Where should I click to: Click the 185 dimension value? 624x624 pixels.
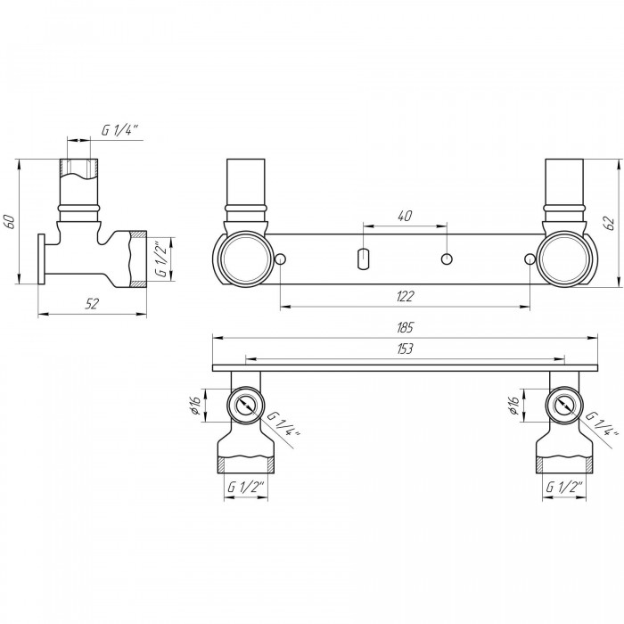coord(405,327)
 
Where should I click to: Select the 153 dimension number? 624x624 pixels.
coord(405,349)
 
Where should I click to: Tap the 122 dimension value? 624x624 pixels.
coord(405,297)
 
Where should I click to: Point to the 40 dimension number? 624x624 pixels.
coord(405,216)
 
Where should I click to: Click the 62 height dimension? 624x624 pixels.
coord(609,223)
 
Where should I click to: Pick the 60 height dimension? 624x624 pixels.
coord(9,222)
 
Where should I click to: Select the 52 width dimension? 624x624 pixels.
coord(92,304)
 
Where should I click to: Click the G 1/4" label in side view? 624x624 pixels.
coord(119,130)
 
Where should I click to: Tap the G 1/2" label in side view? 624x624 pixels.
coord(161,259)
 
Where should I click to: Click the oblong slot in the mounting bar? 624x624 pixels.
coord(363,259)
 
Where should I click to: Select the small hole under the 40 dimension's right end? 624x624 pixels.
coord(447,259)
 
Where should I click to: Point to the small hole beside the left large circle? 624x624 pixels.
coord(280,259)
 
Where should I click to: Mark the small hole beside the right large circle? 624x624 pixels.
coord(530,259)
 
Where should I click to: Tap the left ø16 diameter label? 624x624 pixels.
coord(196,406)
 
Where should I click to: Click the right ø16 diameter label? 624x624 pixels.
coord(513,406)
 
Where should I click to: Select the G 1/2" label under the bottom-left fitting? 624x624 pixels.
coord(246,487)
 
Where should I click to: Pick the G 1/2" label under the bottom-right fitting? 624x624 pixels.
coord(564,487)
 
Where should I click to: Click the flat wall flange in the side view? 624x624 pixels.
coord(41,259)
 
